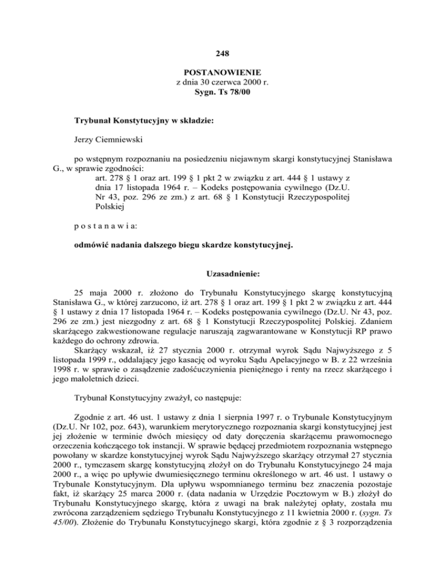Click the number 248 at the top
pos(222,54)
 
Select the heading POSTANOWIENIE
pos(222,73)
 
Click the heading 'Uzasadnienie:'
pos(222,273)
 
